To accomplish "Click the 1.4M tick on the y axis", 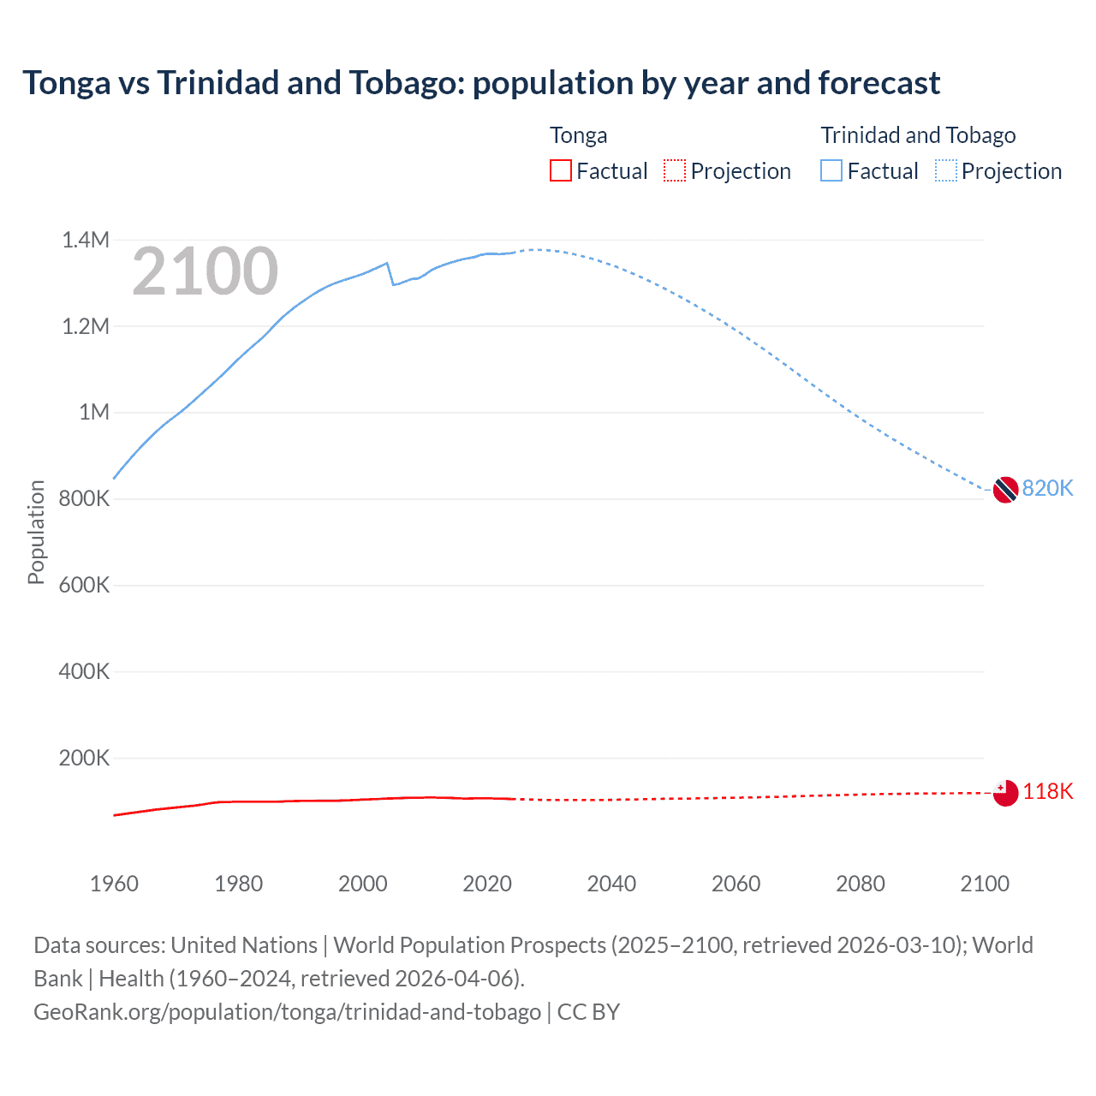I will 86,240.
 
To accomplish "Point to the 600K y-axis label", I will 84,585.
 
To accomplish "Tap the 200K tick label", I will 84,758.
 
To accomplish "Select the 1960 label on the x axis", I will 114,884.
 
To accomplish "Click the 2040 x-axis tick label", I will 611,884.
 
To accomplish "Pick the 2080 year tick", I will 860,884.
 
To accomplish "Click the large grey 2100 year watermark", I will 205,271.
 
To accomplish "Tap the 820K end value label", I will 1047,488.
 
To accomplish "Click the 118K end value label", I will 1047,791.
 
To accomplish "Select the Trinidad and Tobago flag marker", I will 1005,490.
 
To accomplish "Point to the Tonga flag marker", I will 1005,793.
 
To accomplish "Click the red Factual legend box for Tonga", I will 561,170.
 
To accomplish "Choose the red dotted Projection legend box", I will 675,170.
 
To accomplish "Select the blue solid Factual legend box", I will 831,170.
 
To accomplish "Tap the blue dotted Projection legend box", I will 945,170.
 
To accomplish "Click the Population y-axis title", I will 36,532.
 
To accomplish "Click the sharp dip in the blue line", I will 393,283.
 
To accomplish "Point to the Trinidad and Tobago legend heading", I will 918,135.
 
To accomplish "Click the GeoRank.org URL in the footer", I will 287,1011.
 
